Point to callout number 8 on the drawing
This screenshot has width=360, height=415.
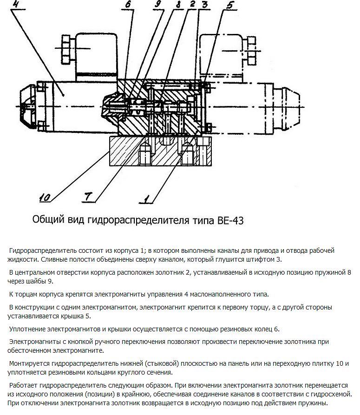click(177, 5)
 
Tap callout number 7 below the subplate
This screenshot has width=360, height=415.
click(90, 198)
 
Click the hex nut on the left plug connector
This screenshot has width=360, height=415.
click(65, 46)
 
